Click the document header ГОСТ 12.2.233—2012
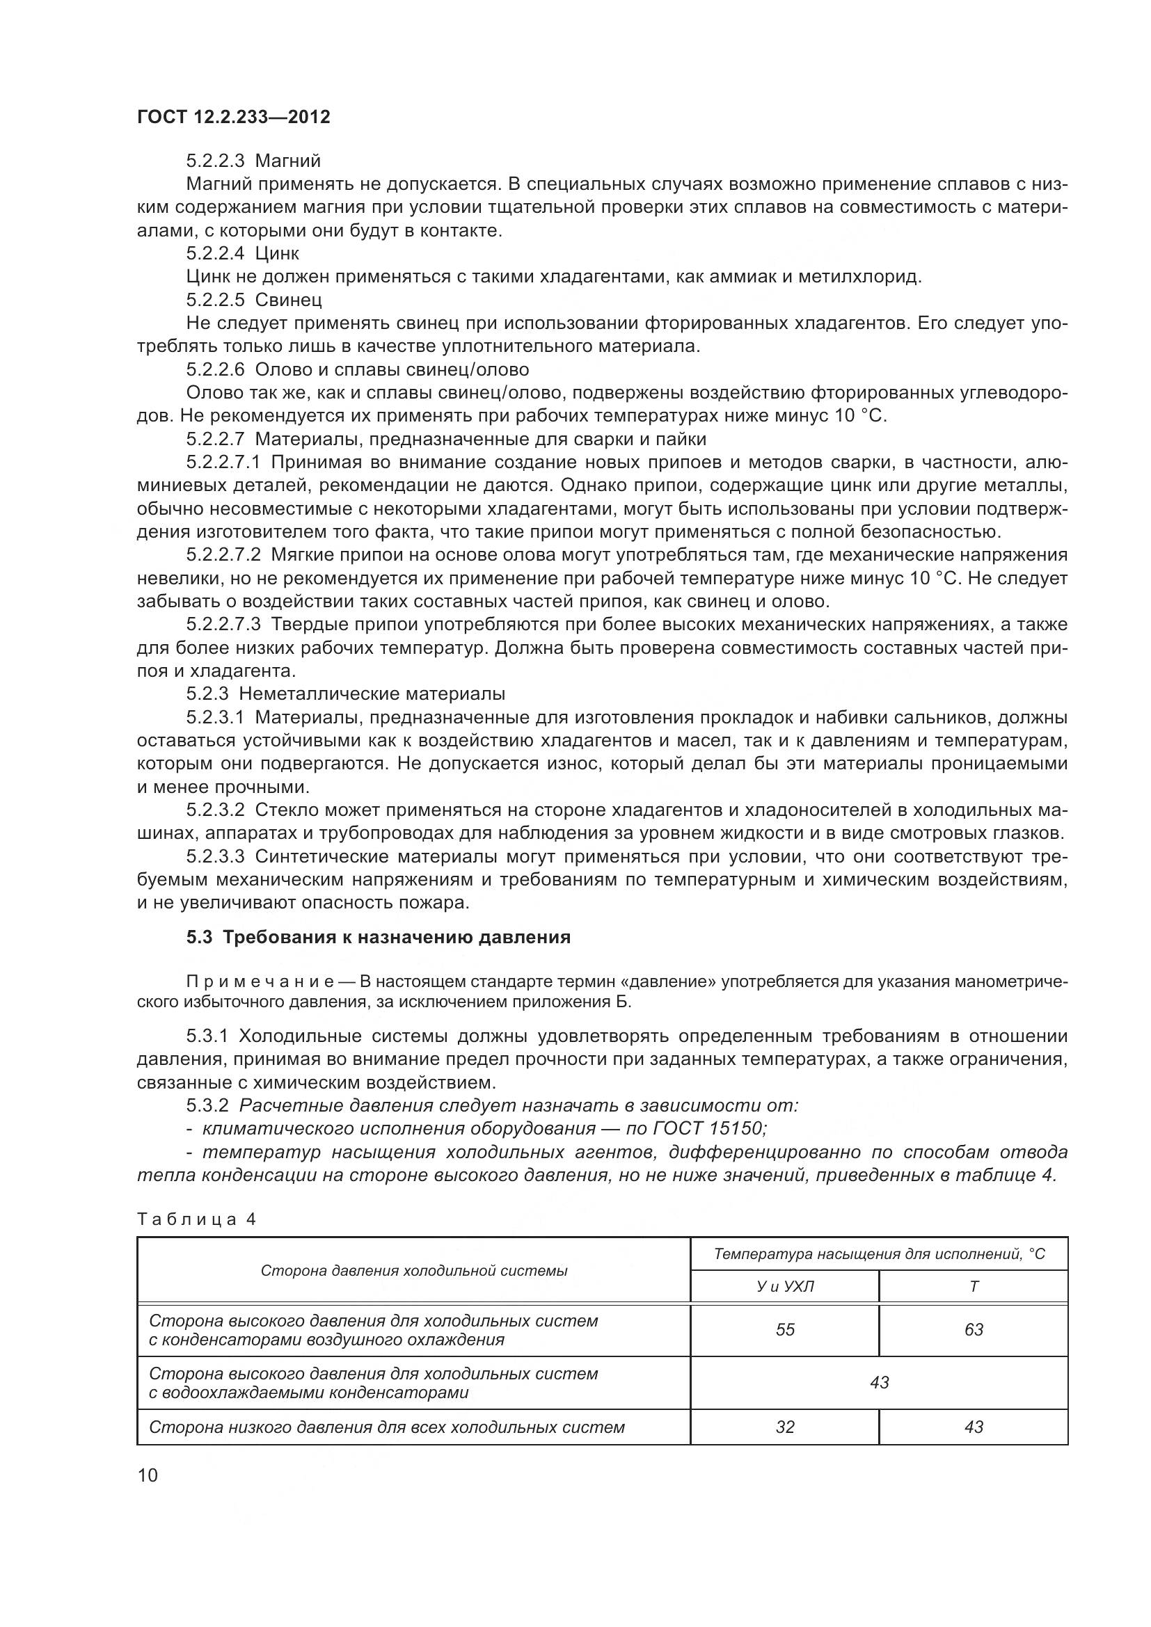[x=233, y=117]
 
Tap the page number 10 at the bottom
[x=148, y=1476]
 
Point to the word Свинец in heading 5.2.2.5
[x=288, y=300]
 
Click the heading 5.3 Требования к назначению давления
[x=379, y=937]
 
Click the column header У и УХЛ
[x=784, y=1286]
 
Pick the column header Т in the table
[x=974, y=1286]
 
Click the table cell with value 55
[x=784, y=1330]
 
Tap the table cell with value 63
[x=974, y=1330]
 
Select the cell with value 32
[x=784, y=1427]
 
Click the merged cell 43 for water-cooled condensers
[x=879, y=1383]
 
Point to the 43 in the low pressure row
[x=974, y=1427]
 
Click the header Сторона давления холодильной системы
[x=414, y=1271]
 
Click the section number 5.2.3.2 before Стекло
[x=216, y=810]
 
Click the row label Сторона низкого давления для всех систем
[x=386, y=1427]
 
